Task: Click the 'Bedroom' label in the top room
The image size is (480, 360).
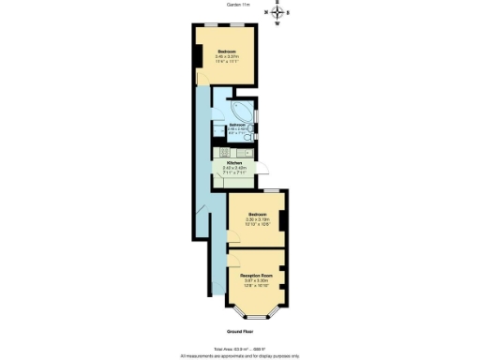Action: coord(226,51)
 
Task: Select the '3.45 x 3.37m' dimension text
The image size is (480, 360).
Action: coord(226,56)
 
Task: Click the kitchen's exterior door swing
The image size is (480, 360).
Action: coord(263,170)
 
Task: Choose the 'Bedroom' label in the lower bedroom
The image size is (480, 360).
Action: coord(257,214)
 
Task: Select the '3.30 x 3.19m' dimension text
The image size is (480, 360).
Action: coord(257,219)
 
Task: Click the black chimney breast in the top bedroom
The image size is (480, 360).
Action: coord(198,56)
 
